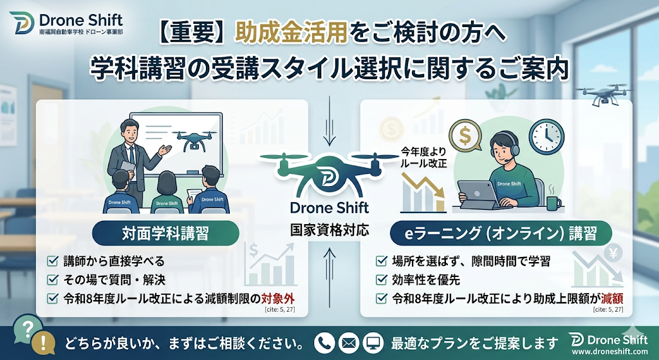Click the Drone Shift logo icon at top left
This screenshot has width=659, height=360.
tap(22, 23)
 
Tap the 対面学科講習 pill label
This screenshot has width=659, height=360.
tap(165, 233)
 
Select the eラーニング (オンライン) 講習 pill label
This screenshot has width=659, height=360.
tap(501, 233)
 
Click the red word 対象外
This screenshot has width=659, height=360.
tap(278, 299)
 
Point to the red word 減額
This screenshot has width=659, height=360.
tap(611, 299)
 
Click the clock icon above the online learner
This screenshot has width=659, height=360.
tap(546, 137)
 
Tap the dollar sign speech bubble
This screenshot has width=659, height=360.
tap(465, 135)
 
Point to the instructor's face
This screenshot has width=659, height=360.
tap(129, 133)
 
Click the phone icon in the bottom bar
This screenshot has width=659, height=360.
tap(324, 343)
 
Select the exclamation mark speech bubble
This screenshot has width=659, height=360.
tap(43, 343)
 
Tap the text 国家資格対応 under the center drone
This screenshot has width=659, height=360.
tap(329, 230)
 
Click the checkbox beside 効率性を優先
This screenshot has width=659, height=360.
tap(381, 279)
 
